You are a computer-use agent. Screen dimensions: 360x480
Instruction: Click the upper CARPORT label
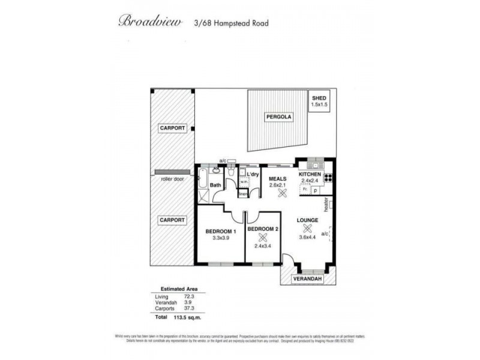172,128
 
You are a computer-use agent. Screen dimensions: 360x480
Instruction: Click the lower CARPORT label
172,220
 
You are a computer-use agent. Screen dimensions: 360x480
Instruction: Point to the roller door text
172,179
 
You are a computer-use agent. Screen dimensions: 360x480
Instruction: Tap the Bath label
215,185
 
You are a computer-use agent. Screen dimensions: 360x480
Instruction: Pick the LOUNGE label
307,220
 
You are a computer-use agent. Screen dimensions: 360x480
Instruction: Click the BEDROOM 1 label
221,231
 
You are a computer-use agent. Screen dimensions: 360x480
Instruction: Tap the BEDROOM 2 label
263,229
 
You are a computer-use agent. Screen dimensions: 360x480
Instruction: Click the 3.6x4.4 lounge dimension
307,237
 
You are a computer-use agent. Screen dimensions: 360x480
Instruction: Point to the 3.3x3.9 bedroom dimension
221,238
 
